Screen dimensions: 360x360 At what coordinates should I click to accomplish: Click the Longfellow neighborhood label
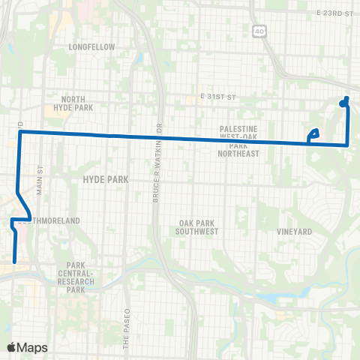(91, 46)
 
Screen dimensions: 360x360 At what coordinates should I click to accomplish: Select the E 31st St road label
(218, 97)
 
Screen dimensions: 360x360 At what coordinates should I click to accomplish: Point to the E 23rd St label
(334, 14)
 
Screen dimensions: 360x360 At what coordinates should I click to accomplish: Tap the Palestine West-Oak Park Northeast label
(239, 141)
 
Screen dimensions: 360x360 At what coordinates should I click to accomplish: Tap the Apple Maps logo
(27, 347)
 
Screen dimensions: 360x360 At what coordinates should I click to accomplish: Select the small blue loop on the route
(313, 135)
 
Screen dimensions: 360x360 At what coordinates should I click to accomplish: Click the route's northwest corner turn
(19, 133)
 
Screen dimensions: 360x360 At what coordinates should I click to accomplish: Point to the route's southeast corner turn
(347, 144)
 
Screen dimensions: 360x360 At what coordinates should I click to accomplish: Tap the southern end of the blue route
(15, 262)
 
